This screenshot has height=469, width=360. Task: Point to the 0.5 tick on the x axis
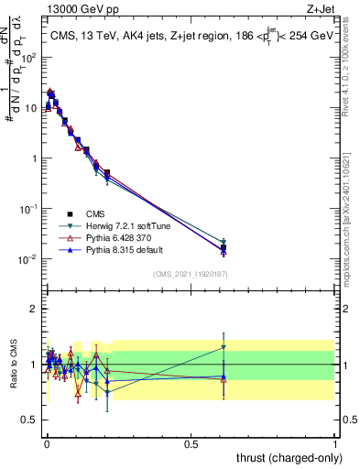pos(191,443)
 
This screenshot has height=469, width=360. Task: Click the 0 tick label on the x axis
pos(46,443)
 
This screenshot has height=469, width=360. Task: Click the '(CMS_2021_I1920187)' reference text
pos(190,272)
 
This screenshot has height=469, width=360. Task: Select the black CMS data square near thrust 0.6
pos(224,248)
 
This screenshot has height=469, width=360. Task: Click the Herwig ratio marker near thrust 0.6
pos(224,347)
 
